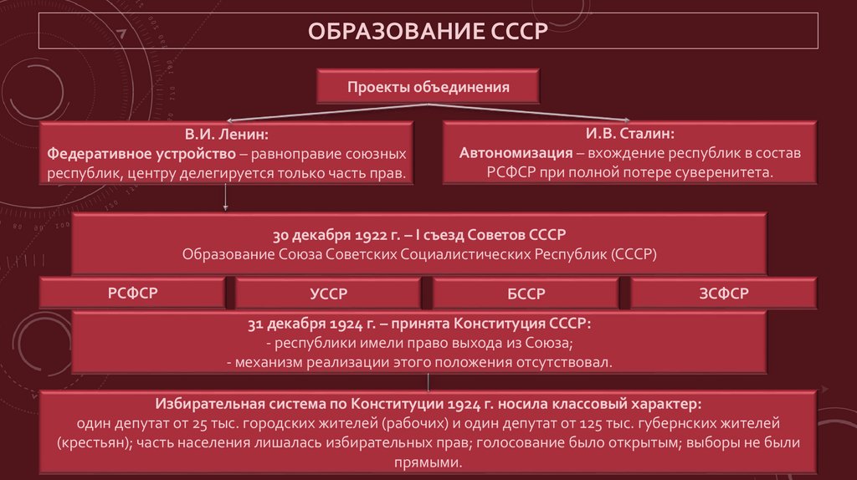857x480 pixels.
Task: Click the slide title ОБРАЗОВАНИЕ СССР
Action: pos(428,33)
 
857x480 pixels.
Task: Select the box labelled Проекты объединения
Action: pos(428,87)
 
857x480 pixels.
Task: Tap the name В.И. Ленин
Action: pos(227,134)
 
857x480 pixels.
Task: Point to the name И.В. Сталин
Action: pos(629,134)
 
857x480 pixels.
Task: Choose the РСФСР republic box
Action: pos(132,293)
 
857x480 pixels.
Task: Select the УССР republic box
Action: pos(328,294)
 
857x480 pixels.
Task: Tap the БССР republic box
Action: pos(526,294)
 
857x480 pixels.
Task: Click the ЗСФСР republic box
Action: pos(724,294)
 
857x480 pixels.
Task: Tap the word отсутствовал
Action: pos(568,362)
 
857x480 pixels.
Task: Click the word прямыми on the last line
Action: pos(427,462)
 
